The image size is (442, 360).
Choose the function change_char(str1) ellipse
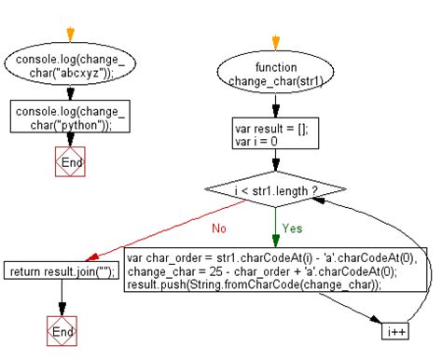[x=273, y=74]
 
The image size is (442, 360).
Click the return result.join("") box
[x=61, y=271]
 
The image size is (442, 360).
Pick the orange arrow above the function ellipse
[x=273, y=42]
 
